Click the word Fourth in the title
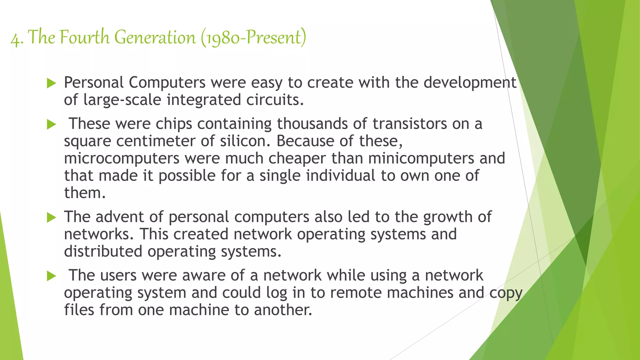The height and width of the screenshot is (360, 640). click(84, 37)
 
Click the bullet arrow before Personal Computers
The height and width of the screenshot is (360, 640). click(51, 83)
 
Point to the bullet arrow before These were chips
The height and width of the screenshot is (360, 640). click(51, 125)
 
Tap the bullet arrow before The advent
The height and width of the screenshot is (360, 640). click(51, 217)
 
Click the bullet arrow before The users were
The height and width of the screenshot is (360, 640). click(51, 276)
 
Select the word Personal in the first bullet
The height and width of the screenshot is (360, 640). click(94, 83)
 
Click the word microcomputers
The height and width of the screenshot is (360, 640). click(122, 158)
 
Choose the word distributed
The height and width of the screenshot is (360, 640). click(103, 252)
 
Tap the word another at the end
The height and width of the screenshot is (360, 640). click(283, 310)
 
